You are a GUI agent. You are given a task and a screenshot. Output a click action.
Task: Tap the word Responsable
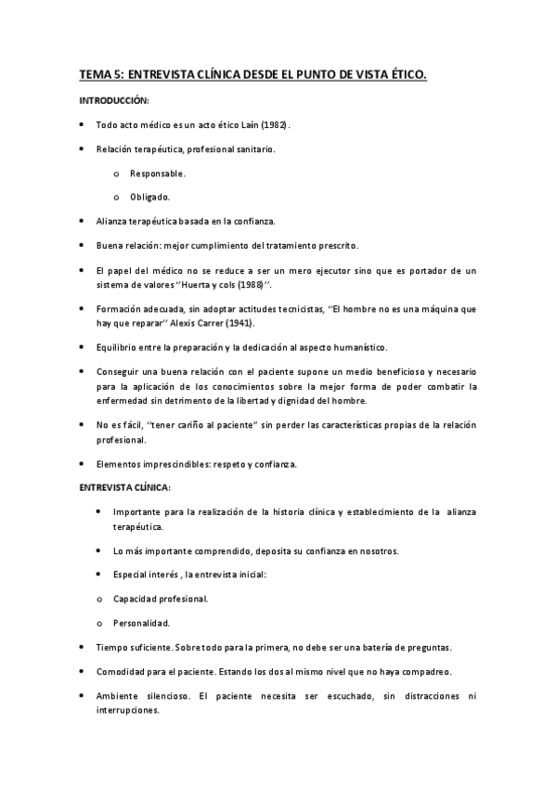158,173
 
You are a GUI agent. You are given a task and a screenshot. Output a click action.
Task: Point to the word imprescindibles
187,463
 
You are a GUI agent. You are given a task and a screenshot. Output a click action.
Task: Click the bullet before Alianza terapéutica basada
84,221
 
